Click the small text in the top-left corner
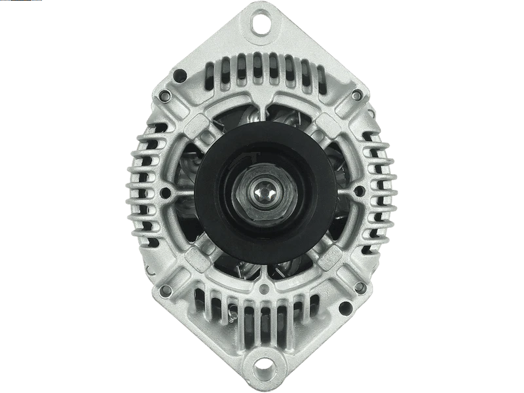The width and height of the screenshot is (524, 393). click(x=13, y=3)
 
